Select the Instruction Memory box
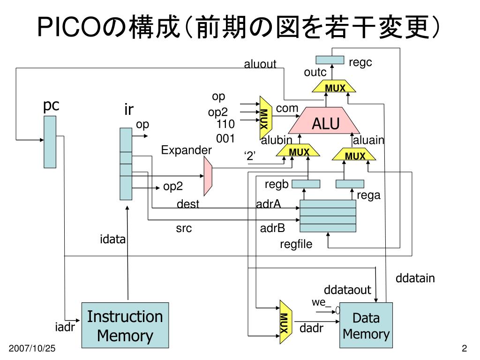click(125, 325)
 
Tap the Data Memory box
click(366, 325)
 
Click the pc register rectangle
click(50, 142)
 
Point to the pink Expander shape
click(208, 176)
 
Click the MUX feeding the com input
click(265, 118)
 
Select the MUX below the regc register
click(334, 86)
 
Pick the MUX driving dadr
click(285, 322)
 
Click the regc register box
click(330, 60)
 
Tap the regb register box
click(306, 184)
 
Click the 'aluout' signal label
click(260, 64)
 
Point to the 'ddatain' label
click(415, 278)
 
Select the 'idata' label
click(112, 239)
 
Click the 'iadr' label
click(65, 327)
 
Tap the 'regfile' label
click(296, 244)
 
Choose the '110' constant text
click(225, 124)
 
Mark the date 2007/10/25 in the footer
click(32, 348)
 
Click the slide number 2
click(465, 348)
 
